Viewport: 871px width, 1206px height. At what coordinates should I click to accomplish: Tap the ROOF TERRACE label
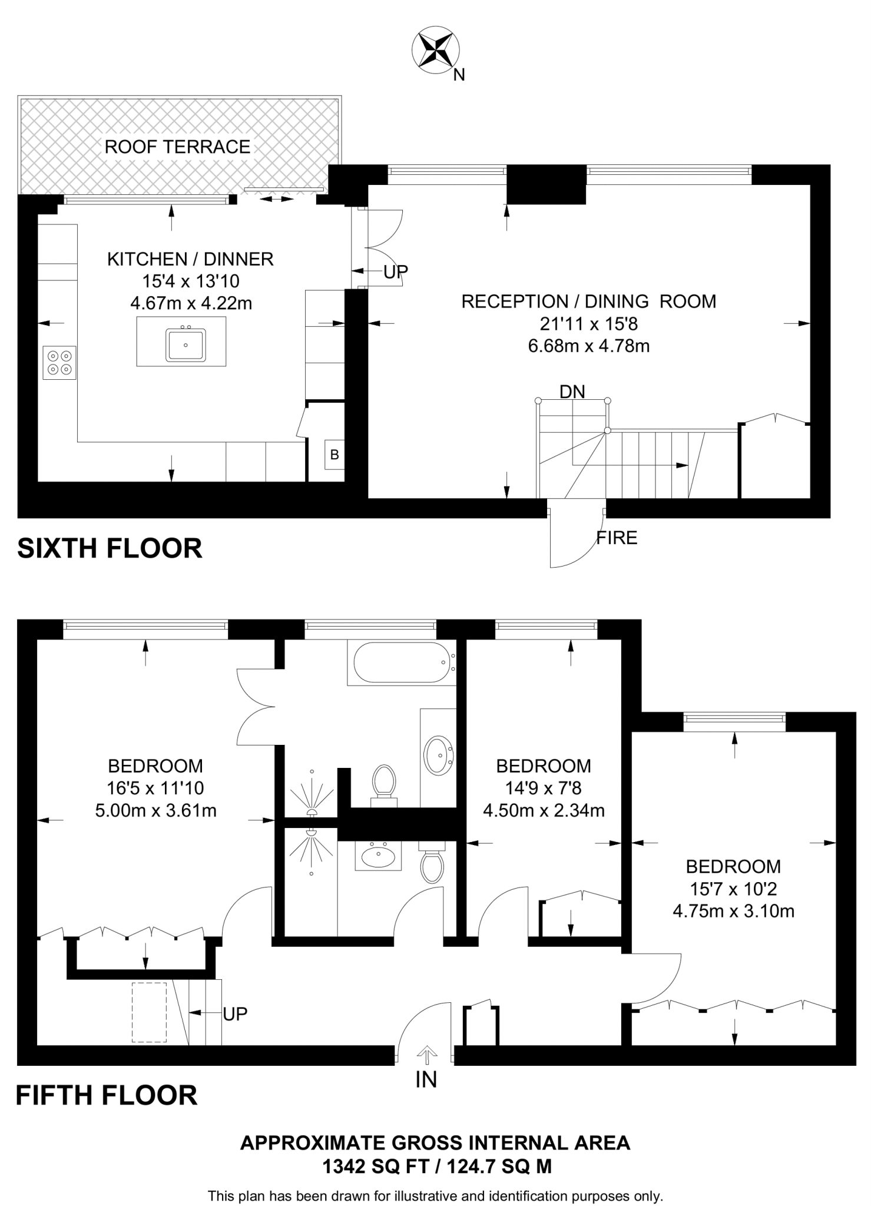(177, 147)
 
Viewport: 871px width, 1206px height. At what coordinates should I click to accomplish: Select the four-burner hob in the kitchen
(59, 362)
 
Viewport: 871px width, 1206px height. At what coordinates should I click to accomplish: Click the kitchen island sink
(186, 345)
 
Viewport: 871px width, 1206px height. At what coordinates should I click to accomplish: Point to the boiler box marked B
(335, 455)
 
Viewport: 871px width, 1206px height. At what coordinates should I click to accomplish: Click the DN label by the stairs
(572, 392)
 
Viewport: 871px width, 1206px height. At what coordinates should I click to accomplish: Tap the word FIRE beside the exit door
(617, 538)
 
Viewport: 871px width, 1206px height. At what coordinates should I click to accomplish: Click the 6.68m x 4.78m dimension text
(588, 346)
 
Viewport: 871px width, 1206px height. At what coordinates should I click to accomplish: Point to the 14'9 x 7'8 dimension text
(544, 788)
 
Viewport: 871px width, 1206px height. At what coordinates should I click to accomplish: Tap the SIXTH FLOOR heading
(110, 548)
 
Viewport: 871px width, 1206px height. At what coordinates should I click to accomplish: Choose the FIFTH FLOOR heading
(107, 1095)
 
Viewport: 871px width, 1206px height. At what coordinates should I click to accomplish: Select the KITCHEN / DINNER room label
(190, 259)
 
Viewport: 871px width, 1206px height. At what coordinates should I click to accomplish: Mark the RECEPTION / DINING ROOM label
(588, 301)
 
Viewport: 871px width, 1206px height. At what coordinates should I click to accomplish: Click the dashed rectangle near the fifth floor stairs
(149, 1012)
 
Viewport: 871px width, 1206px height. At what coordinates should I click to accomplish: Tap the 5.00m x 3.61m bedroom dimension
(155, 811)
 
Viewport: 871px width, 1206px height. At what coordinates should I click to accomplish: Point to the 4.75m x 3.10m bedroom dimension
(733, 912)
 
